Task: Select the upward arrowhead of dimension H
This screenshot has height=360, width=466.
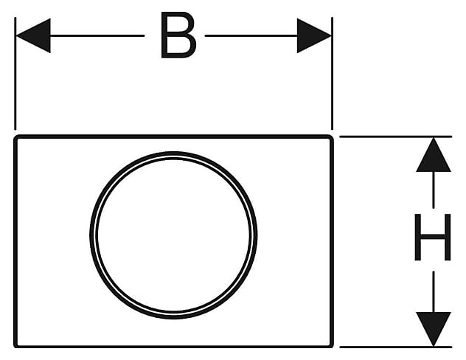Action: (433, 155)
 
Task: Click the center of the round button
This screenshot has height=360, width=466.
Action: (173, 235)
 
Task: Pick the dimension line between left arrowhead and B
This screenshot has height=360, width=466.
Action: (96, 35)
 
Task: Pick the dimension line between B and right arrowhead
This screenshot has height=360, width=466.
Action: (251, 35)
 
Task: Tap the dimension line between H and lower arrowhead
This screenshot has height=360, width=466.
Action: (433, 291)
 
